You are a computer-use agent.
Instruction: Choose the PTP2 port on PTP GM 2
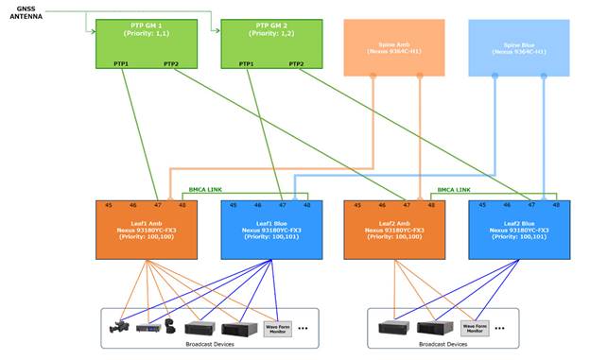point(295,63)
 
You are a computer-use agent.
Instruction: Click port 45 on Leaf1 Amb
point(108,204)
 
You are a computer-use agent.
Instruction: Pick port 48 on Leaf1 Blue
point(306,204)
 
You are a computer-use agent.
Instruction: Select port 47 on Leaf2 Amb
point(407,204)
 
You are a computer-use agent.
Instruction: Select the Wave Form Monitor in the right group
point(474,328)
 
